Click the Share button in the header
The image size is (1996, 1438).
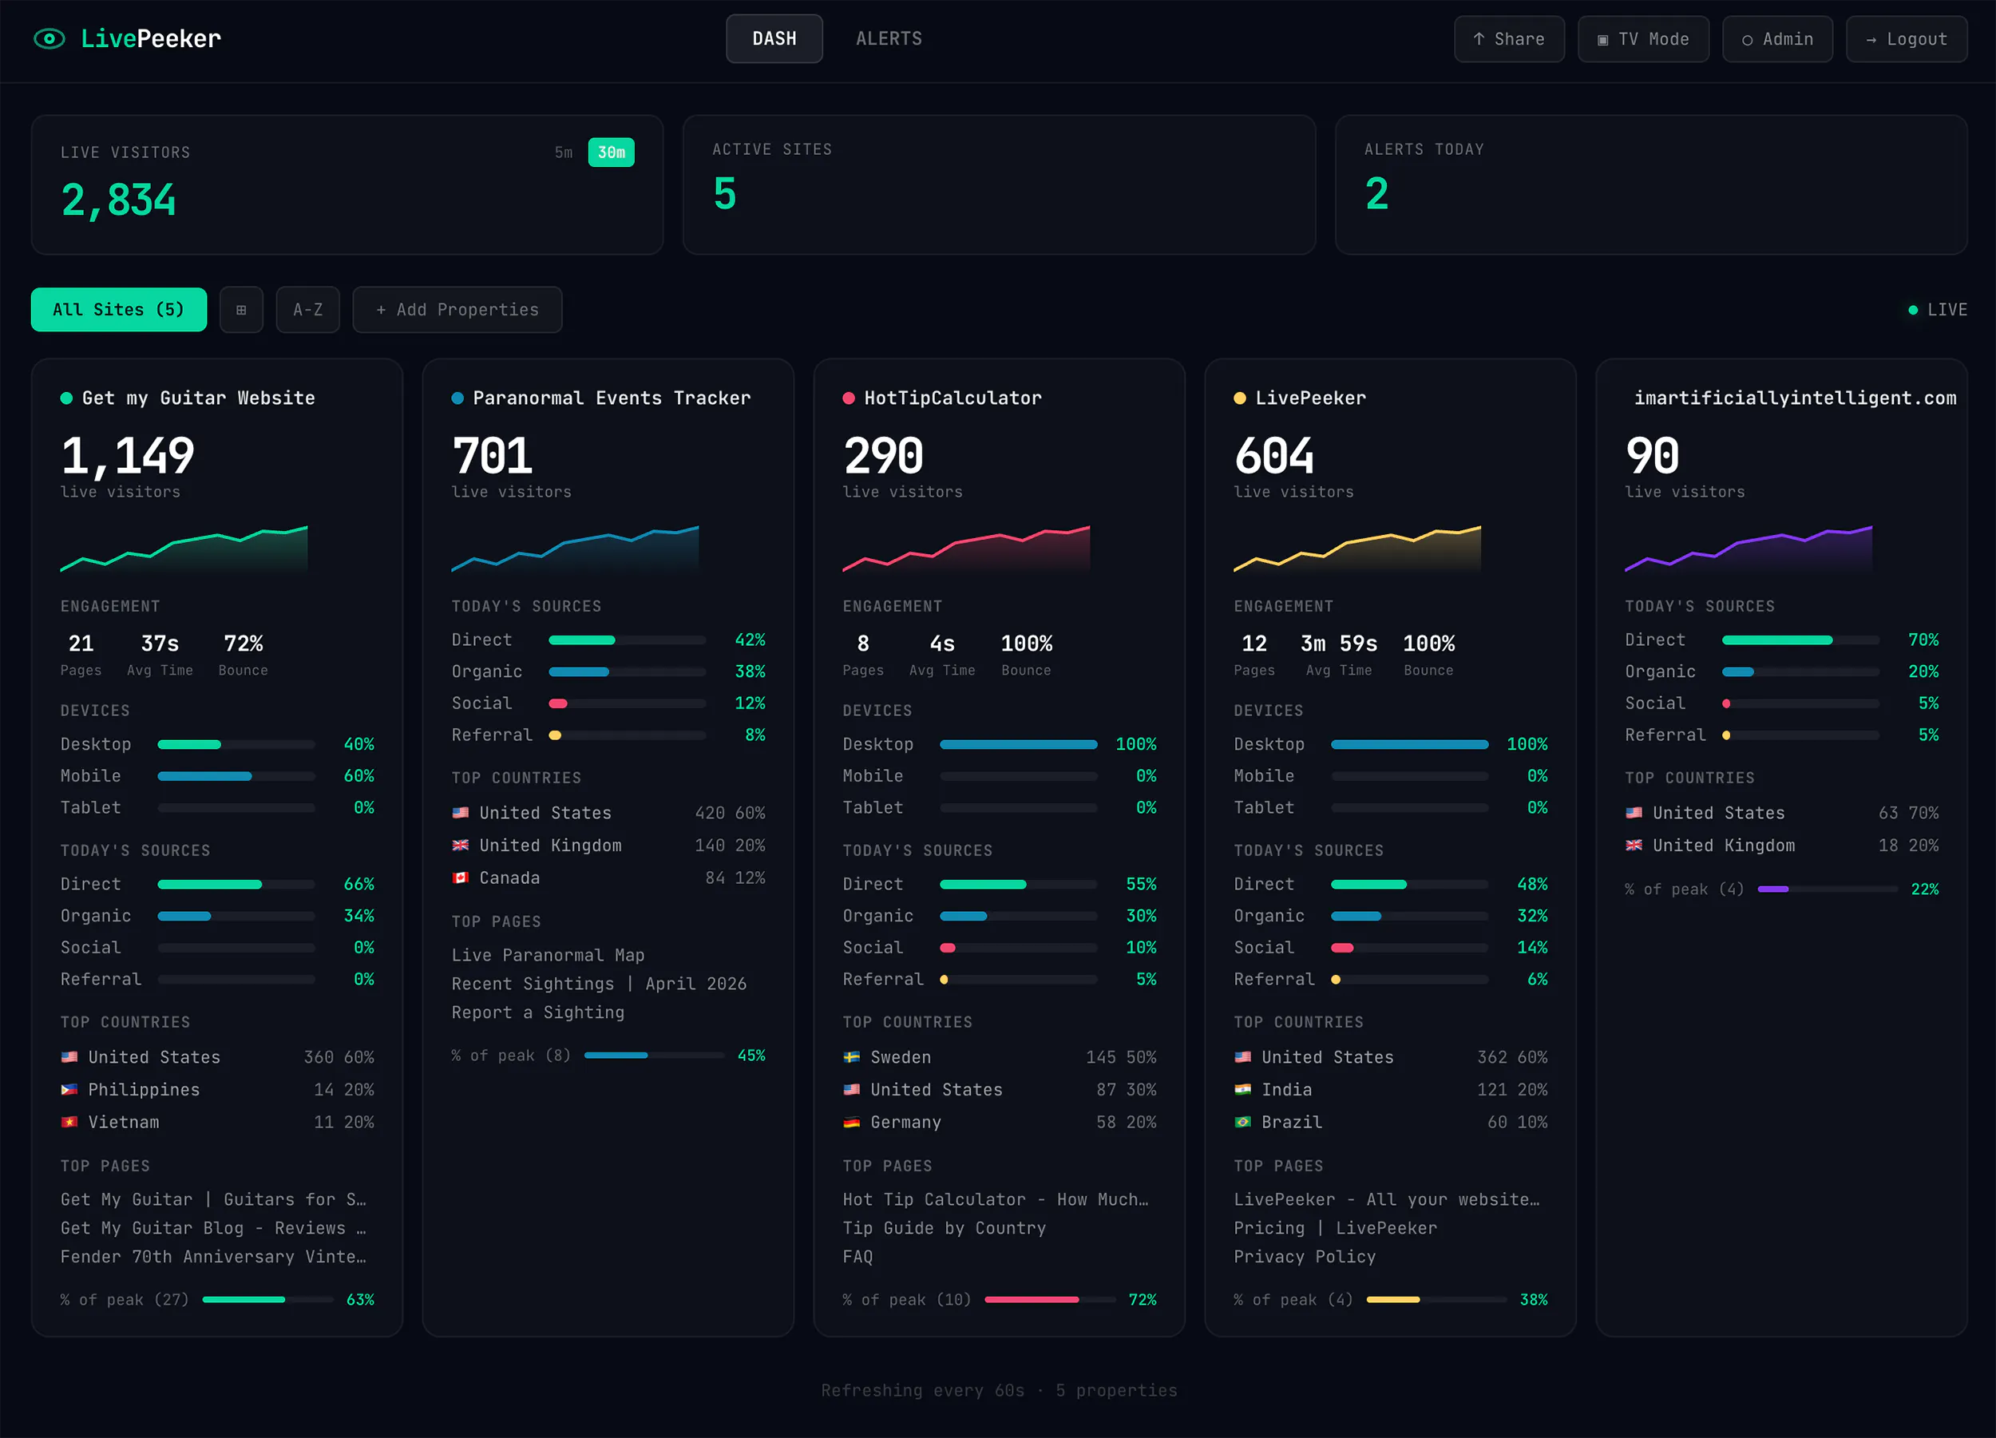click(1508, 38)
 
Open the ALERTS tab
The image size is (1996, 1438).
click(889, 38)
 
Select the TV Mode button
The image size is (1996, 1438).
click(1642, 38)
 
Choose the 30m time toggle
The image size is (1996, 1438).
click(611, 153)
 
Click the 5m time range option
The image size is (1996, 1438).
click(563, 153)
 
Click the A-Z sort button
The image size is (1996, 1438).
click(308, 310)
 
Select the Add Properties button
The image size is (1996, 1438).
click(457, 310)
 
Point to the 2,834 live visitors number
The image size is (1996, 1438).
click(119, 200)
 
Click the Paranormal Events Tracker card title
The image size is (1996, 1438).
click(612, 398)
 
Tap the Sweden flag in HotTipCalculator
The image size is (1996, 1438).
click(851, 1057)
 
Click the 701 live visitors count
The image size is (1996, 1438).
click(492, 456)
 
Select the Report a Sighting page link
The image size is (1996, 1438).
click(538, 1012)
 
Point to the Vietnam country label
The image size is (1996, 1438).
click(123, 1122)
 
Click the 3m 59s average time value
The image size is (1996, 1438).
click(1339, 644)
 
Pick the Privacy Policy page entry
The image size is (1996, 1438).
click(1305, 1257)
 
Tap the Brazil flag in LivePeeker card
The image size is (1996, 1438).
click(1242, 1122)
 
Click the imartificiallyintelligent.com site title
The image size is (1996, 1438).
click(1795, 398)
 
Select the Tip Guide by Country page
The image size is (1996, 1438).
click(945, 1228)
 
